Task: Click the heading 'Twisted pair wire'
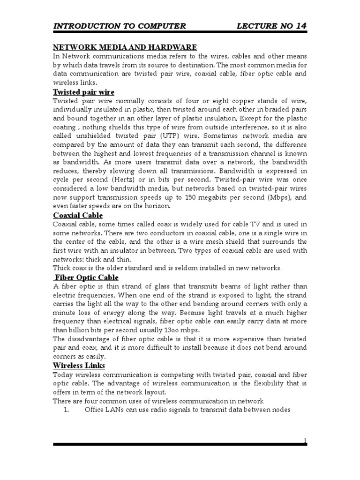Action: [x=83, y=92]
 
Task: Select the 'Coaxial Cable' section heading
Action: [x=77, y=216]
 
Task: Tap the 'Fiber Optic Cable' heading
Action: [x=86, y=277]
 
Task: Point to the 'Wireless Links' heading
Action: [x=79, y=365]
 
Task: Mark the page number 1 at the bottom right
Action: [x=305, y=440]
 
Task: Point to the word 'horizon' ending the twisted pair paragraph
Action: [x=157, y=206]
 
